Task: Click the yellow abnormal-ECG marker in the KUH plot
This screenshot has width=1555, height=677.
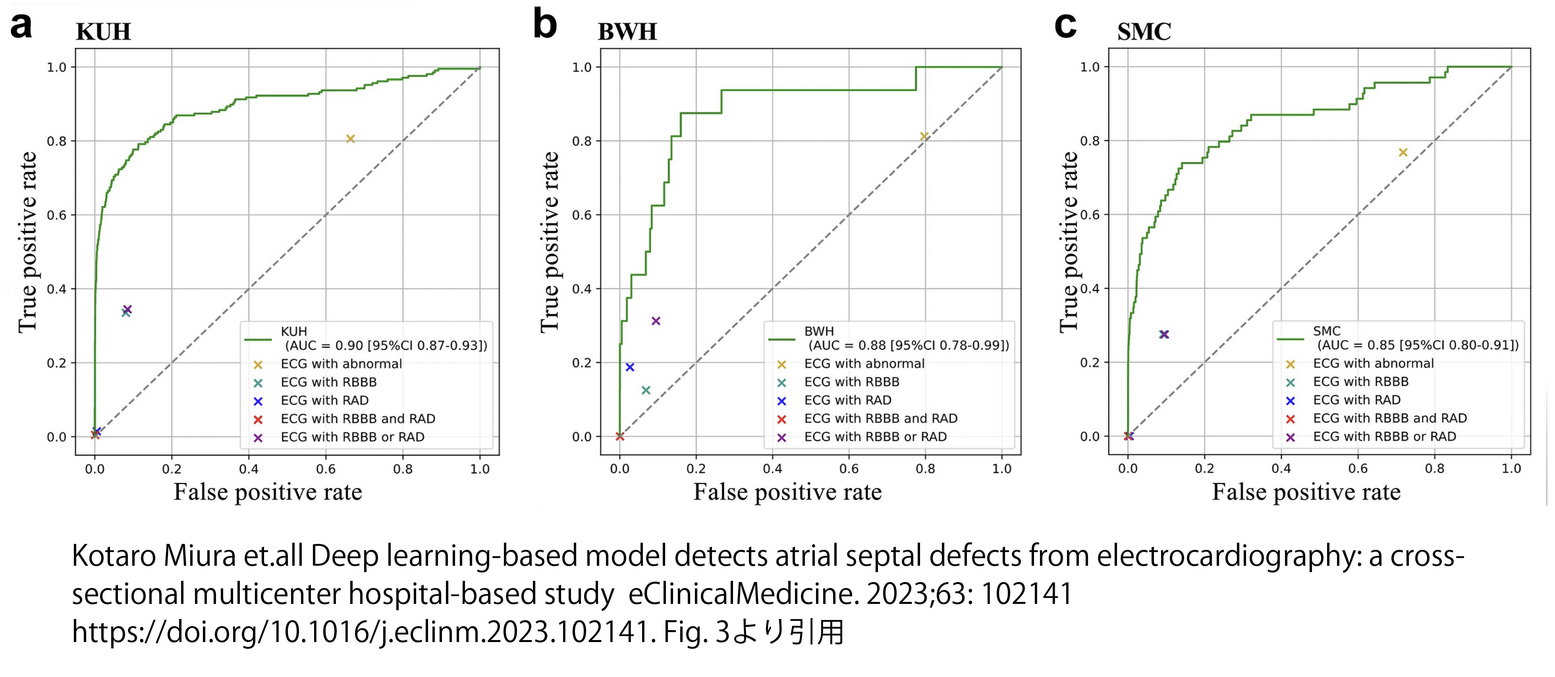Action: pos(350,139)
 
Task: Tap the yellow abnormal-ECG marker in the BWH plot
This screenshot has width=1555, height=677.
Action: pos(924,137)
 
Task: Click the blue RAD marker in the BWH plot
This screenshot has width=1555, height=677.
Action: pos(630,367)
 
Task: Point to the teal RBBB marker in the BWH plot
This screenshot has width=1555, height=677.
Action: pos(645,390)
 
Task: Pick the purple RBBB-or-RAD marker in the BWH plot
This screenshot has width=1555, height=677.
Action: pos(656,321)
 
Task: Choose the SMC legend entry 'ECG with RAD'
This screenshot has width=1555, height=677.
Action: pos(1356,400)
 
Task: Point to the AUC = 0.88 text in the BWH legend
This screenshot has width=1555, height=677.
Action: pos(908,345)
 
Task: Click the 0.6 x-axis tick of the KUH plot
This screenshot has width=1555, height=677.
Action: pos(326,469)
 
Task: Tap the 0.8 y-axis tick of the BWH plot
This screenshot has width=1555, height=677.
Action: pos(582,141)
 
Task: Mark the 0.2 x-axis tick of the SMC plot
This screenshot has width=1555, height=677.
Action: pos(1204,469)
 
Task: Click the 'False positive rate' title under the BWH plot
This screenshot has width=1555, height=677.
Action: pos(787,492)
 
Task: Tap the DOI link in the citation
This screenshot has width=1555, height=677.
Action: pos(362,633)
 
